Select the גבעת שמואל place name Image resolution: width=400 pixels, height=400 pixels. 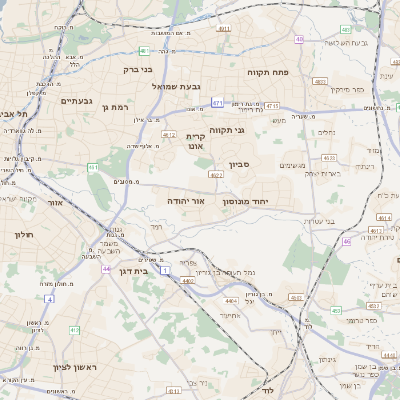point(177,87)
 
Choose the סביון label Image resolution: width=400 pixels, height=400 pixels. point(252,163)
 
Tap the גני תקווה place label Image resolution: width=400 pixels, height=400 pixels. point(227,130)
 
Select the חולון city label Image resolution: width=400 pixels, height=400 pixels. point(24,234)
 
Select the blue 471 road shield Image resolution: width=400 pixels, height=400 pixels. point(217,102)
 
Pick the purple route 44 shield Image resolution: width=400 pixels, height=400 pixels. point(106,269)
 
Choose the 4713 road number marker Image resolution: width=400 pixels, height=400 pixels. point(271,104)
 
